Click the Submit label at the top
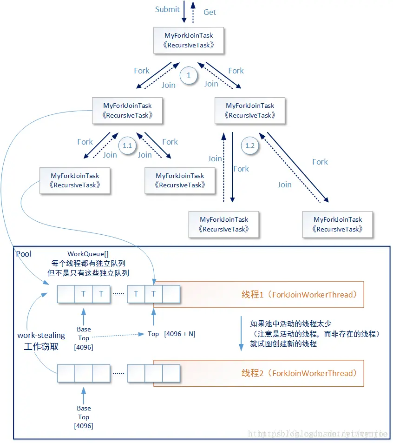pos(167,9)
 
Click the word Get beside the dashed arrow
pos(210,12)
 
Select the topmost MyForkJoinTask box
pos(189,40)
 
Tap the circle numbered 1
pos(189,75)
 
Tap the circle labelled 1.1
pos(127,145)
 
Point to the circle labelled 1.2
pos(249,145)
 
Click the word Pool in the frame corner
pos(24,253)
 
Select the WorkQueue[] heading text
pos(88,254)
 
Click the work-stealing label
pos(41,335)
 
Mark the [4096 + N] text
pos(179,334)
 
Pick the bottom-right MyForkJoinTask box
pos(337,225)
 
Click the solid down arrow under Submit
pos(184,12)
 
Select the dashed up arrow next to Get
pos(194,12)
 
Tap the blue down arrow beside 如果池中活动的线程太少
pos(241,334)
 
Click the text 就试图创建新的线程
pos(283,344)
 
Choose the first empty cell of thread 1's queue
pos(66,294)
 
